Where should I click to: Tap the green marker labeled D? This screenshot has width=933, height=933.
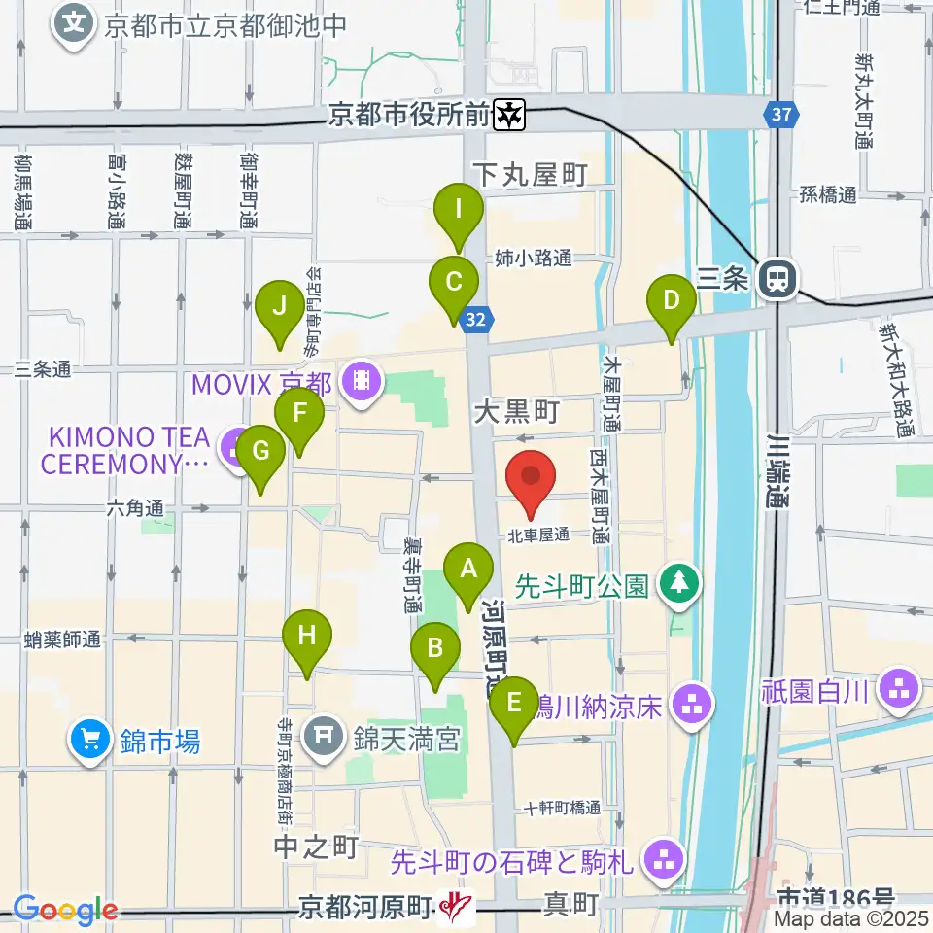pos(671,300)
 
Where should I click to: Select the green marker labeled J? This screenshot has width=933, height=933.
pos(279,306)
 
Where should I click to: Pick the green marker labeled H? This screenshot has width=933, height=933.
pos(307,637)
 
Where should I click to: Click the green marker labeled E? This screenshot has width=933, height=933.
pos(514,702)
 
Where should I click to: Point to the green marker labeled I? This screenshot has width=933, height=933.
pos(457,209)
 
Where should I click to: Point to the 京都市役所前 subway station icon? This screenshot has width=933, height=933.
pos(509,116)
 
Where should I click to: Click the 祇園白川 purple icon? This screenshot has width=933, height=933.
pos(898,690)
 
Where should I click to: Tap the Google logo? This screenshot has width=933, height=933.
pos(65,910)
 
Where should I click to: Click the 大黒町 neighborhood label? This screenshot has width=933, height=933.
pos(515,413)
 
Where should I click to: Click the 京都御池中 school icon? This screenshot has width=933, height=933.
pos(76,21)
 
